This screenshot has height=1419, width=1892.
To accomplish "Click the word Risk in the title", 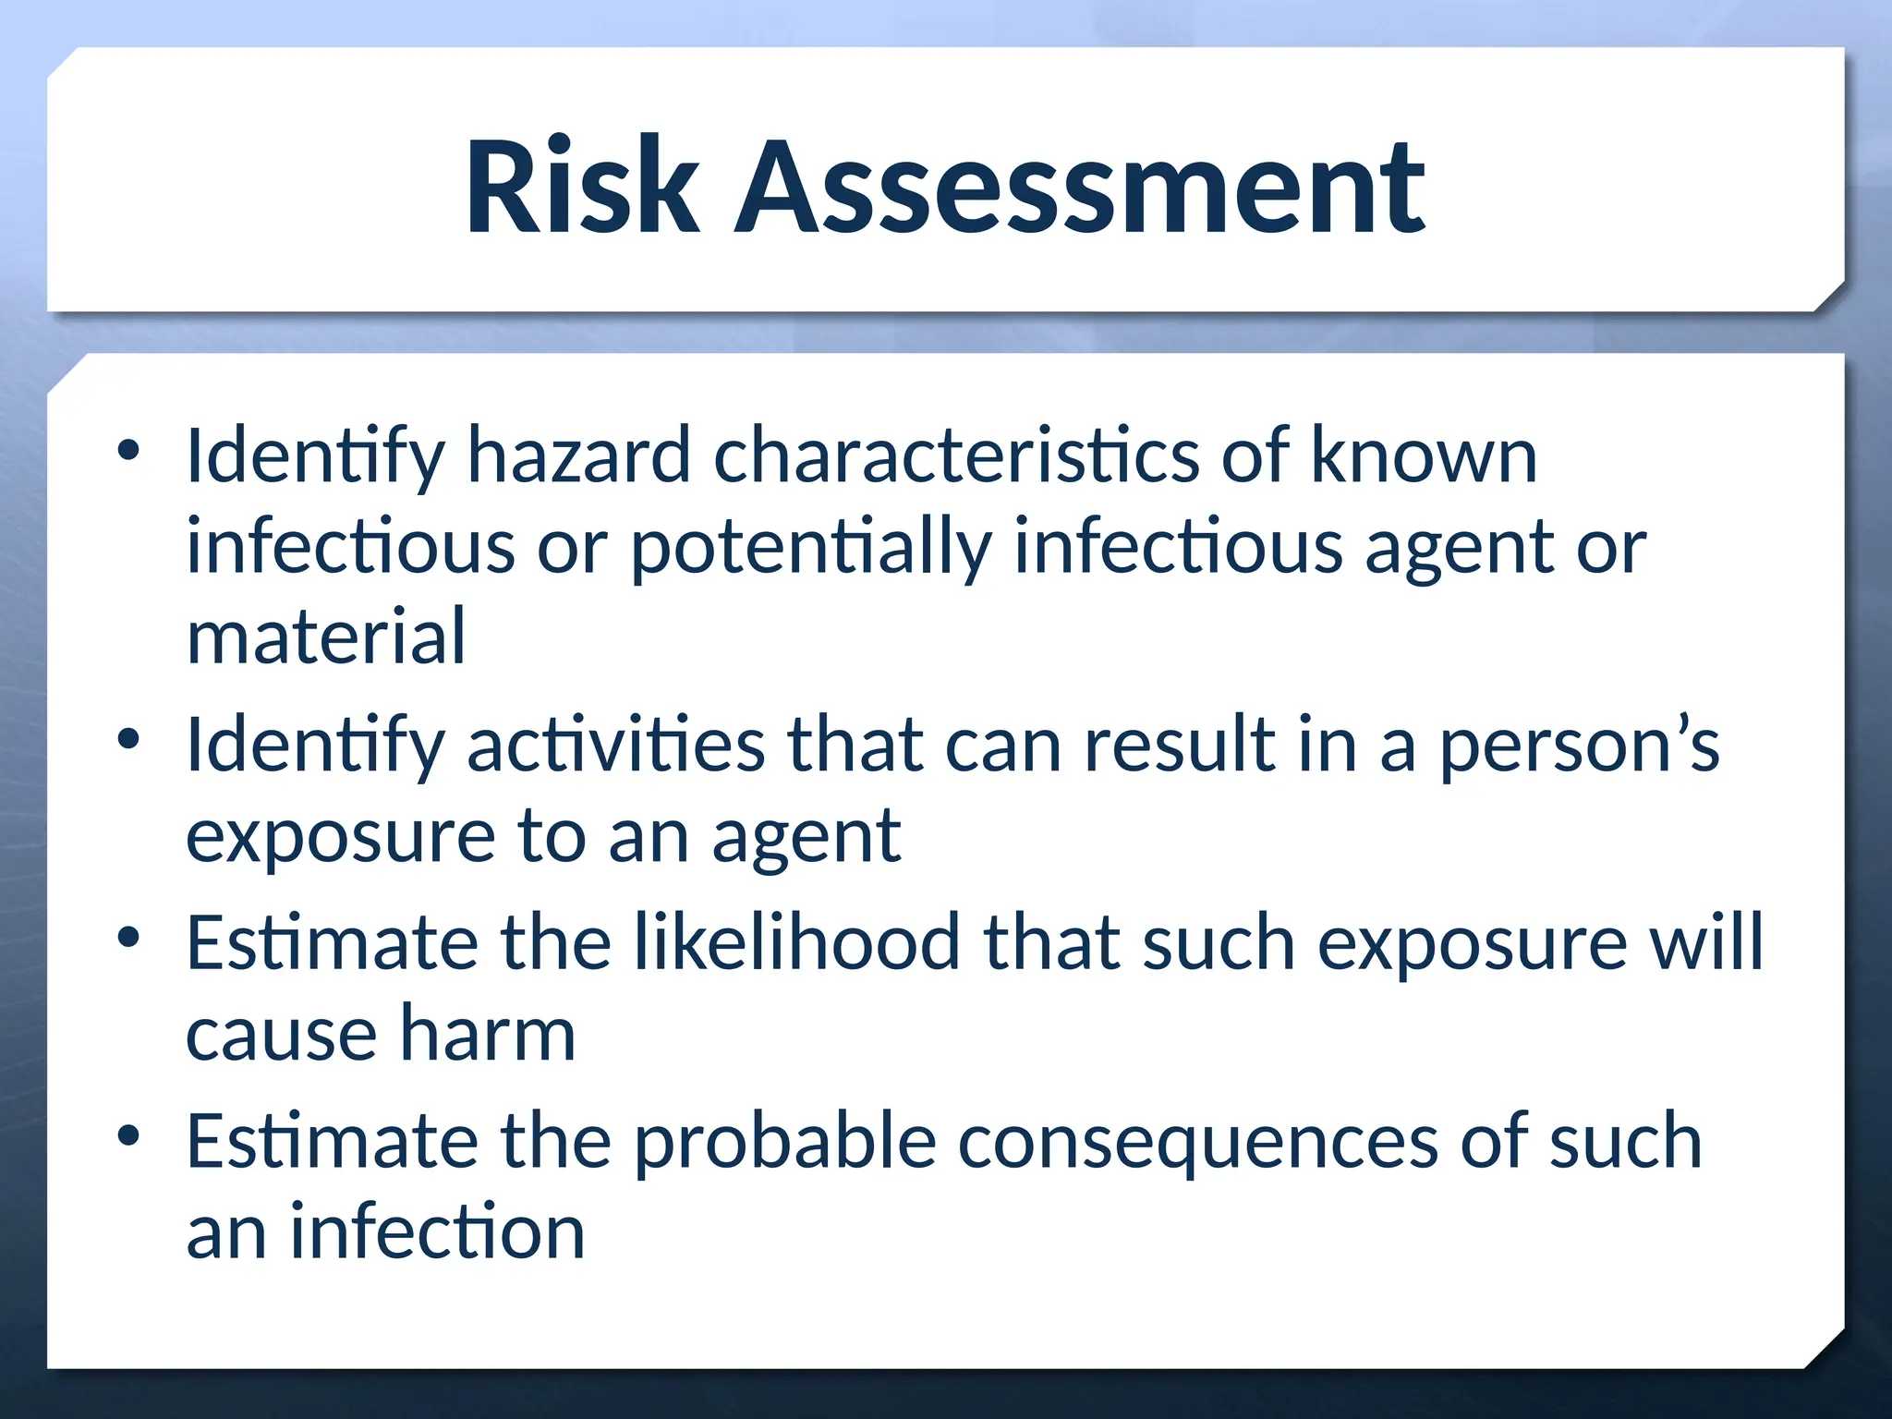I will (x=582, y=187).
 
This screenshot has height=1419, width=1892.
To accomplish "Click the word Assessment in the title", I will (x=1080, y=187).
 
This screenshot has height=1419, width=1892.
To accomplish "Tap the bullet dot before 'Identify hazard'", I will (x=128, y=450).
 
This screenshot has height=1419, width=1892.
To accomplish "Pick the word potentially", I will (x=810, y=548).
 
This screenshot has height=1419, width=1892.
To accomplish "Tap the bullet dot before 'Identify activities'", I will (x=128, y=739).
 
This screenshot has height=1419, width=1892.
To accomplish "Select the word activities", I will (x=615, y=745).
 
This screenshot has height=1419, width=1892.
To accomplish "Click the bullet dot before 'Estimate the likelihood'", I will (x=128, y=937).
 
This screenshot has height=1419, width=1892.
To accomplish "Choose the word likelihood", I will (x=796, y=942).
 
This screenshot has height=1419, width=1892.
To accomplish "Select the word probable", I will (x=785, y=1142).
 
